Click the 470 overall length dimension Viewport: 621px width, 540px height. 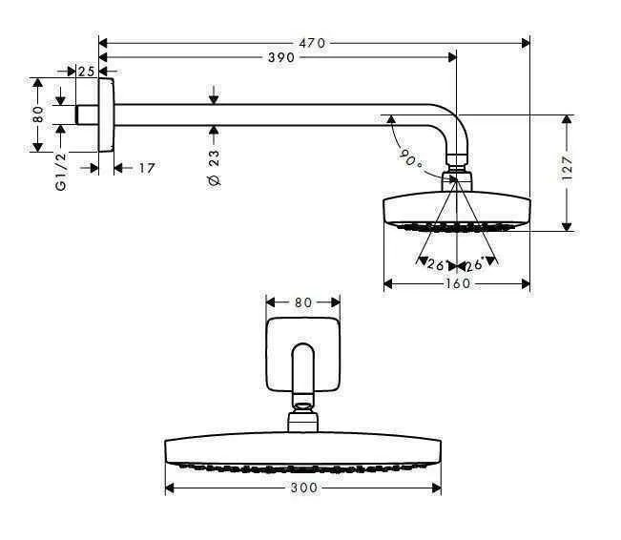pyautogui.click(x=312, y=43)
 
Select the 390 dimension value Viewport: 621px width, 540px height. pyautogui.click(x=279, y=58)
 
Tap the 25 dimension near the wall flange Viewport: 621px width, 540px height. pyautogui.click(x=86, y=72)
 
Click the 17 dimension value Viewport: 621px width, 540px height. pyautogui.click(x=146, y=168)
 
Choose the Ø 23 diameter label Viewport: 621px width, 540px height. pyautogui.click(x=214, y=166)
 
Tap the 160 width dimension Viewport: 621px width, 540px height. pyautogui.click(x=457, y=283)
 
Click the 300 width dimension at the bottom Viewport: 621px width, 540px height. pyautogui.click(x=302, y=488)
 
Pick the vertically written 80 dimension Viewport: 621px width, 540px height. pyautogui.click(x=38, y=114)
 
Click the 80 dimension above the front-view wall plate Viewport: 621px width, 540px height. pyautogui.click(x=302, y=302)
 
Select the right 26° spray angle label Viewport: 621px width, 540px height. pyautogui.click(x=473, y=264)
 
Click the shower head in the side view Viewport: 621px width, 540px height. pyautogui.click(x=456, y=211)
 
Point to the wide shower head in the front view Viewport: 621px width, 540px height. pyautogui.click(x=302, y=454)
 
